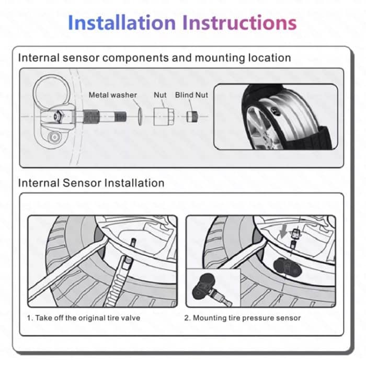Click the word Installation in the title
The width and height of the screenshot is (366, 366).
tap(122, 22)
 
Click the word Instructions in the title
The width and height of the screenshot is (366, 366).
tap(239, 22)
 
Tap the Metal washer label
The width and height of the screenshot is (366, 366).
tap(112, 95)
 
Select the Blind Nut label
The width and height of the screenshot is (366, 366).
tap(191, 95)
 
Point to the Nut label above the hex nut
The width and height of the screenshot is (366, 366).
tap(160, 95)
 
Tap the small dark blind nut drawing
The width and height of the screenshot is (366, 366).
tap(191, 116)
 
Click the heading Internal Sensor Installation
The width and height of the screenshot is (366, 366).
tap(91, 183)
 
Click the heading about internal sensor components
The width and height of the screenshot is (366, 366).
tap(154, 58)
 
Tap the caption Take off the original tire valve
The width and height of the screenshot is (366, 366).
tap(84, 317)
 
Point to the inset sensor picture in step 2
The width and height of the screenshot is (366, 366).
tap(213, 288)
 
